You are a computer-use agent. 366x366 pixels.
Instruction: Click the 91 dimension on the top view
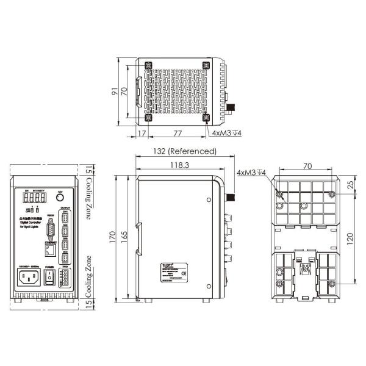pos(113,91)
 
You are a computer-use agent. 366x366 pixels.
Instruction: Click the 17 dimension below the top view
pos(142,132)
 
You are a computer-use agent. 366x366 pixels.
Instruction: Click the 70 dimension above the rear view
pos(307,165)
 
